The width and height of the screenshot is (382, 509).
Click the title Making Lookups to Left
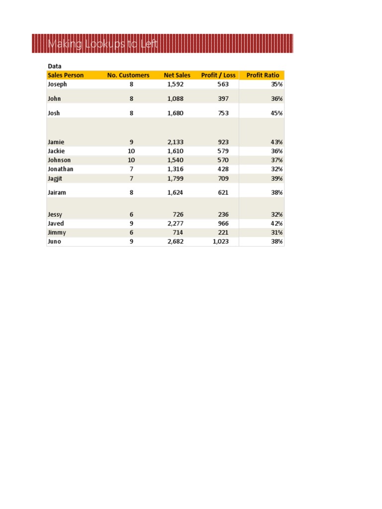point(103,45)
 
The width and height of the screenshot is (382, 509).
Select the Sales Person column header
point(66,75)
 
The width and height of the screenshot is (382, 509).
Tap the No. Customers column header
point(128,75)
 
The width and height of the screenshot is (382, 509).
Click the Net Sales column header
point(177,75)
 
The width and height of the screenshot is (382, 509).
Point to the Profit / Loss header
point(218,75)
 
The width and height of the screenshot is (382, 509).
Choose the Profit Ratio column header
point(263,75)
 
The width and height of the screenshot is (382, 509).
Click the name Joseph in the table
point(57,85)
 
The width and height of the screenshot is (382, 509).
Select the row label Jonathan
point(60,169)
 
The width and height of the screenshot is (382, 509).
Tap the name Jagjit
point(56,178)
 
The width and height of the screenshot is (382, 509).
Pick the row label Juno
point(55,242)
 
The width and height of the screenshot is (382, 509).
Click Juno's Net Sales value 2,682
point(176,242)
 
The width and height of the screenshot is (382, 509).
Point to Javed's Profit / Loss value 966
point(223,224)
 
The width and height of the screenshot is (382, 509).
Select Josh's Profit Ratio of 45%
point(277,113)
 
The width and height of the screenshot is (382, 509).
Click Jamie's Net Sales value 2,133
point(176,142)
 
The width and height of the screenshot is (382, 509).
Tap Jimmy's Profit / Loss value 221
point(223,233)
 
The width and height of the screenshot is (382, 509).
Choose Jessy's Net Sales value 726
point(178,215)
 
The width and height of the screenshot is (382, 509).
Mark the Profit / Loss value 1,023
point(220,242)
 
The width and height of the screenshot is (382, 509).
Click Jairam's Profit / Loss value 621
point(223,192)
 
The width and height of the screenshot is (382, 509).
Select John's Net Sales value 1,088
point(176,99)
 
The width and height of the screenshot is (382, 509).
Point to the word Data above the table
point(54,66)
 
